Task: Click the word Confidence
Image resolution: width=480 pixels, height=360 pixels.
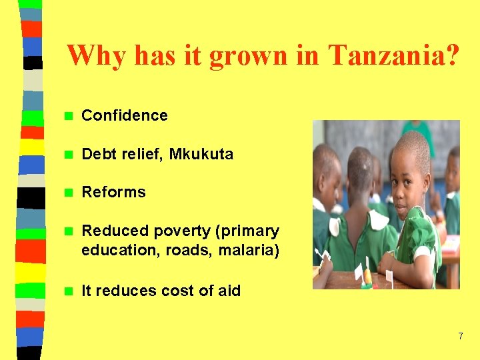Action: coord(125,115)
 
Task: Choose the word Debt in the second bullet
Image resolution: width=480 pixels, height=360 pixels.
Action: coord(97,154)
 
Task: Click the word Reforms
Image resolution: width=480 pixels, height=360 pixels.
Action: coord(113,192)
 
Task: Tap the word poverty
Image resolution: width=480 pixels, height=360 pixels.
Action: coord(180,231)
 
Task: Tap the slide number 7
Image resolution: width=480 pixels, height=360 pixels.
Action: coord(460,336)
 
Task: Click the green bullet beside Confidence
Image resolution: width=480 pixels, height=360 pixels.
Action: coord(67,115)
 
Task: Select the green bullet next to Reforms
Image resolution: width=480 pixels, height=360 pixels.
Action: coord(67,192)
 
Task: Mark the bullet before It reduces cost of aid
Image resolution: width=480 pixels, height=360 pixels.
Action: coord(67,291)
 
